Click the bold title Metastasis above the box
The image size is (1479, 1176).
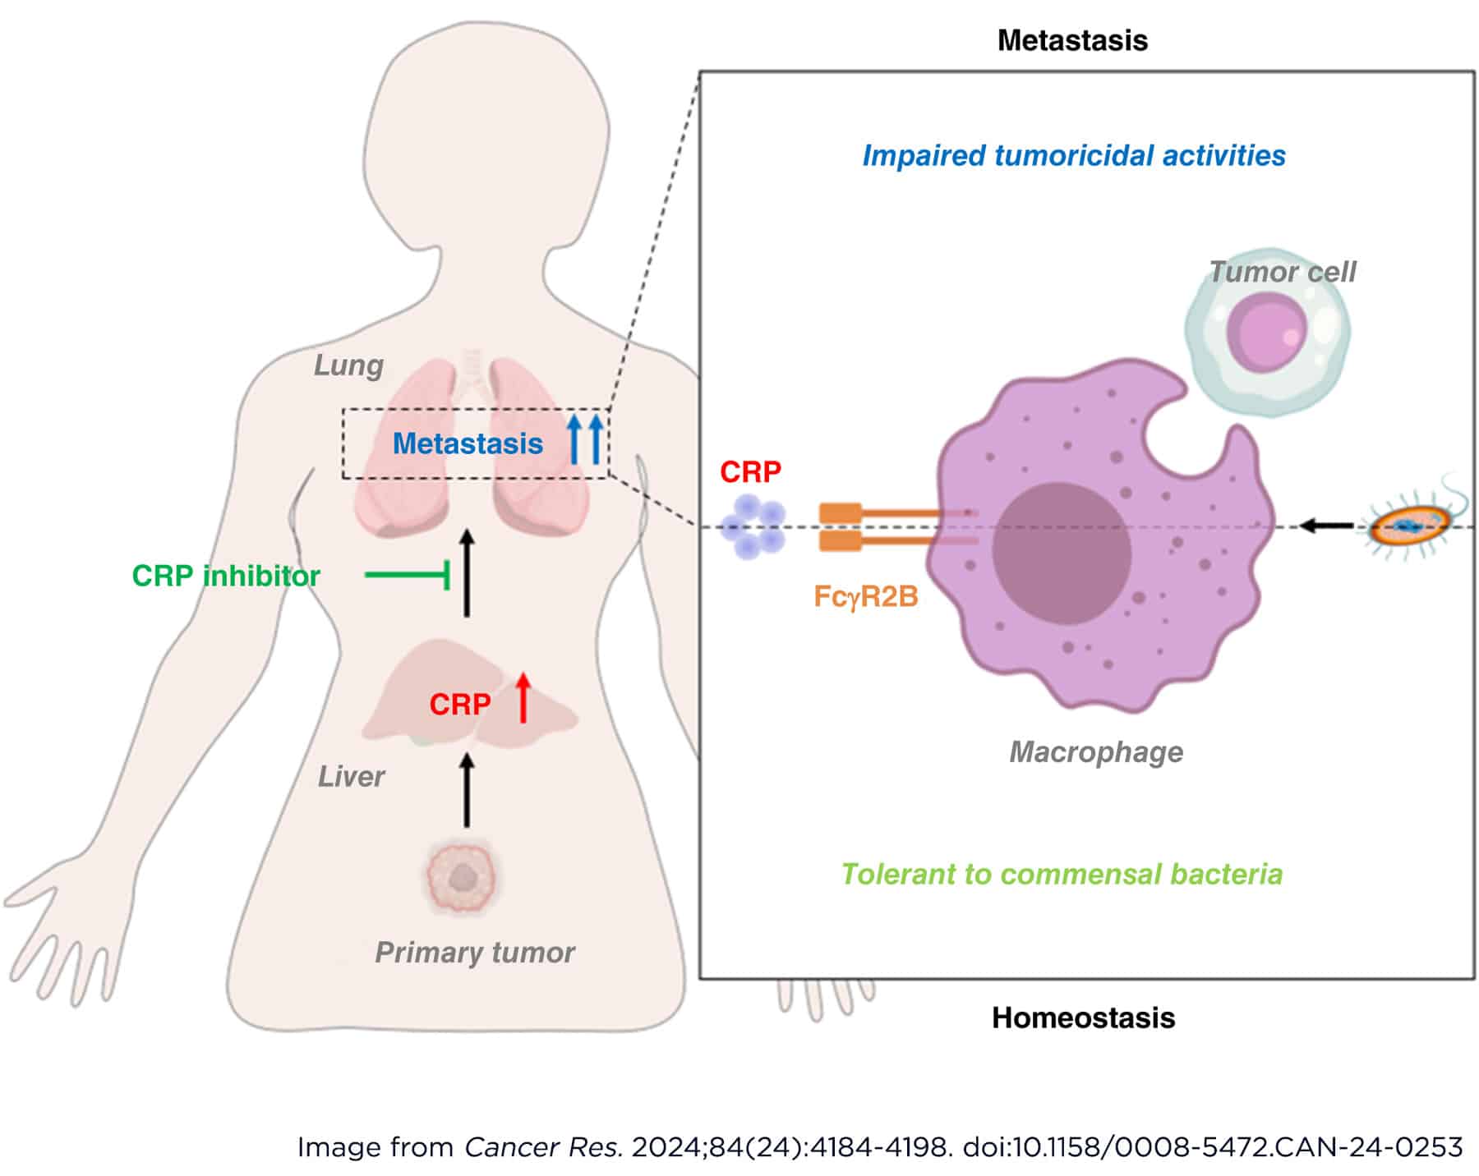coord(1071,40)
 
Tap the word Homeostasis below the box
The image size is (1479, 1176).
coord(1083,1018)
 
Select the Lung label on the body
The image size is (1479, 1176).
coord(348,365)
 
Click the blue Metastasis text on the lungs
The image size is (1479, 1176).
coord(468,443)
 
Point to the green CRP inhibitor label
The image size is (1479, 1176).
coord(226,576)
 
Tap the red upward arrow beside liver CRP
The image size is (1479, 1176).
coord(523,697)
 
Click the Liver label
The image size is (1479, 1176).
coord(351,776)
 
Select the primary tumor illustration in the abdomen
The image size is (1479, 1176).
coord(463,879)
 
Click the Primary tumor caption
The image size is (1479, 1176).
coord(475,952)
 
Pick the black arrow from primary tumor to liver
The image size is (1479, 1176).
coord(467,791)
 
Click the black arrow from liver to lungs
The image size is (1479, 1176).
coord(467,573)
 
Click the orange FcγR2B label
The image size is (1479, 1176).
coord(865,595)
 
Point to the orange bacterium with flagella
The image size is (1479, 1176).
coord(1408,526)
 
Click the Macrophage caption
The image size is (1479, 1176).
coord(1096,751)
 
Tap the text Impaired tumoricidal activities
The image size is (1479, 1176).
coord(1074,155)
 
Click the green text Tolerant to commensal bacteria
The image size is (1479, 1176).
coord(1062,874)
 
